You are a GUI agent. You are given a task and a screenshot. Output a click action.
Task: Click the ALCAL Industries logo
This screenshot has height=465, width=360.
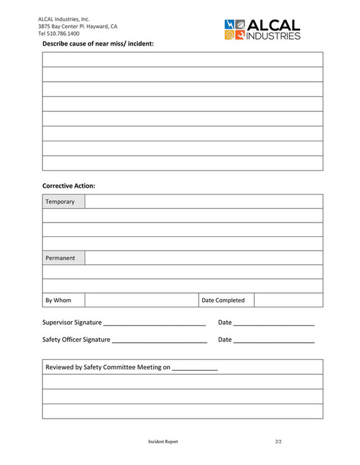coord(262,29)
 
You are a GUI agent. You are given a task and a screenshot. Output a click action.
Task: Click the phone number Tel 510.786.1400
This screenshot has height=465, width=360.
coord(59,33)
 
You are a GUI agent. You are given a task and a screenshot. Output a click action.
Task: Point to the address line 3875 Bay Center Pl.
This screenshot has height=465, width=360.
coord(77,26)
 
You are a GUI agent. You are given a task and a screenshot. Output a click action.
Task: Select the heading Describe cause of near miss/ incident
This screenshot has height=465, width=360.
coord(98,44)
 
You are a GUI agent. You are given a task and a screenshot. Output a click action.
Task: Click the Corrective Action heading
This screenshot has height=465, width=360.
coord(68,185)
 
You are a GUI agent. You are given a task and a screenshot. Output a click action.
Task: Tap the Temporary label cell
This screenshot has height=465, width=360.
coord(64,201)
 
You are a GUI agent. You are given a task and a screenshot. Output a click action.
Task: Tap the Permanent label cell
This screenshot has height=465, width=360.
coord(64,258)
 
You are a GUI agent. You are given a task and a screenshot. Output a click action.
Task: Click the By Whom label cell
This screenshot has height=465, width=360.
coord(64,300)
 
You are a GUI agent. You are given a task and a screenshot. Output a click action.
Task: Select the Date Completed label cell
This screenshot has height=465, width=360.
coord(226,300)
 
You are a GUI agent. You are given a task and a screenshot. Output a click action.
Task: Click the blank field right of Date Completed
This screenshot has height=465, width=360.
coord(288,300)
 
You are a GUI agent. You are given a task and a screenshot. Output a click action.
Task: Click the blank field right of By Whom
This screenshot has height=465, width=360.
coord(141,300)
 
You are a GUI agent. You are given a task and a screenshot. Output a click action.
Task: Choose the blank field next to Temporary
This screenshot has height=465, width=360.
coord(204,201)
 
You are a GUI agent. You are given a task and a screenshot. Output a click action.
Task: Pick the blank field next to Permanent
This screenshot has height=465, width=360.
coord(204,258)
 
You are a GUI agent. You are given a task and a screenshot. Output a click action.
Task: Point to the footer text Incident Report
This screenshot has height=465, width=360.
coord(163,442)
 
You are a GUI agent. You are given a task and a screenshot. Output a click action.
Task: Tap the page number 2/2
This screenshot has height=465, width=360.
coord(278,442)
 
